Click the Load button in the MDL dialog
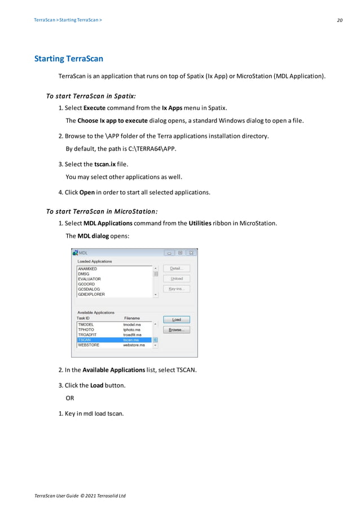[x=176, y=320]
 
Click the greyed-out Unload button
[x=176, y=278]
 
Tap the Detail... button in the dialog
[x=176, y=268]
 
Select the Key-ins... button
[x=176, y=289]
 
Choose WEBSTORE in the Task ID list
[x=89, y=345]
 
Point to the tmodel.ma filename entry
[x=132, y=325]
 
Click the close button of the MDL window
[x=191, y=253]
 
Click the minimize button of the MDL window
[x=168, y=253]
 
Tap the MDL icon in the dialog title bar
[x=76, y=253]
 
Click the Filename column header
[x=131, y=319]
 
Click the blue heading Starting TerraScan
[x=69, y=59]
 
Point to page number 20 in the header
[x=340, y=20]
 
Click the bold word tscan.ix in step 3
[x=105, y=164]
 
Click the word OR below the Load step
[x=71, y=398]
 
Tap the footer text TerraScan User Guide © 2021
[x=80, y=495]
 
